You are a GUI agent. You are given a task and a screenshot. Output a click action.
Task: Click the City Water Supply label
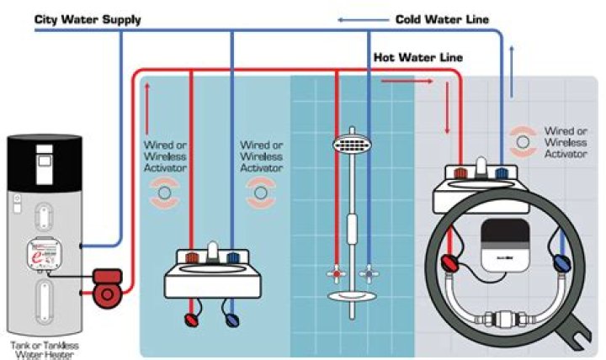point(88,19)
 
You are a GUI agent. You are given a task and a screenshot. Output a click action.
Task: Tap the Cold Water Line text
point(442,19)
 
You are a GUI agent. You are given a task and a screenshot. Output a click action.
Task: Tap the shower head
point(353,145)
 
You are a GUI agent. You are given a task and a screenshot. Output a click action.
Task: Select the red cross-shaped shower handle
point(335,274)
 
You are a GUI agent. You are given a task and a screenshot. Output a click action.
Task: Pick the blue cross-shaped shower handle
point(368,274)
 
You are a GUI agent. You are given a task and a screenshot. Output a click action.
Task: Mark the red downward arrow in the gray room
point(447,120)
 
